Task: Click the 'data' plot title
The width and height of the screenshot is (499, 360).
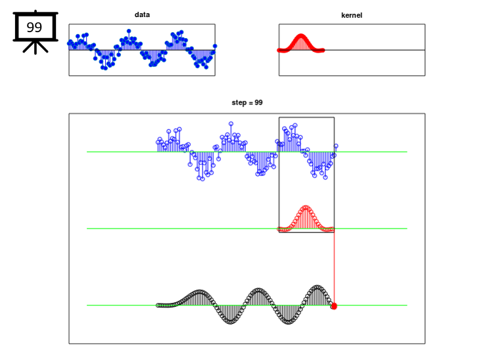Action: click(x=142, y=14)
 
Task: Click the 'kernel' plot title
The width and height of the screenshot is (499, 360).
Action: click(x=352, y=15)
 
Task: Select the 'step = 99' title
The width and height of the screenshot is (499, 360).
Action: click(x=247, y=102)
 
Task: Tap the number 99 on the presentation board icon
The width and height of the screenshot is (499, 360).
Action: click(x=34, y=28)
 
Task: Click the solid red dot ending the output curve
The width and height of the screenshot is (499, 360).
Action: click(x=334, y=306)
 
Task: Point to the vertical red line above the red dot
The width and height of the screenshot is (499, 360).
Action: click(x=334, y=268)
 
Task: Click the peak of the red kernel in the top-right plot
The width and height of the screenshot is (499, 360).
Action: click(x=300, y=35)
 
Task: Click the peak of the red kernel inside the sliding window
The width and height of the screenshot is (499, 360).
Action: click(x=306, y=208)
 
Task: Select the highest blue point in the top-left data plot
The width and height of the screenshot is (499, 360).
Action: click(x=129, y=31)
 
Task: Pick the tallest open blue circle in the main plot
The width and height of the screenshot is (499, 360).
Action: click(x=231, y=124)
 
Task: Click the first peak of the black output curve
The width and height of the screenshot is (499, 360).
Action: click(x=200, y=292)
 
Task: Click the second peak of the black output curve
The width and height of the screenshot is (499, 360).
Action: click(x=259, y=290)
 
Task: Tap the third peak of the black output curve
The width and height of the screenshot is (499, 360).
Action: click(x=317, y=287)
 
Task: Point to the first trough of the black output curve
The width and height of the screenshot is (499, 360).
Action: click(x=231, y=322)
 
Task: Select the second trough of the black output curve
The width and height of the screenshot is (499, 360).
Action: click(x=289, y=322)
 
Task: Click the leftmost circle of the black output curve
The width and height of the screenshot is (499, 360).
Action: click(x=158, y=305)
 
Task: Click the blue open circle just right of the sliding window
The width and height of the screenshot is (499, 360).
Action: click(x=336, y=146)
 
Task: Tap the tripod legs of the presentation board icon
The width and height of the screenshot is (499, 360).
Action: click(x=36, y=47)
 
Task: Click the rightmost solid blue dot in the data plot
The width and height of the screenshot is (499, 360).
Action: click(x=215, y=46)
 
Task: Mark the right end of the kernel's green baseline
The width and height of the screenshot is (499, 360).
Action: click(x=407, y=229)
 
